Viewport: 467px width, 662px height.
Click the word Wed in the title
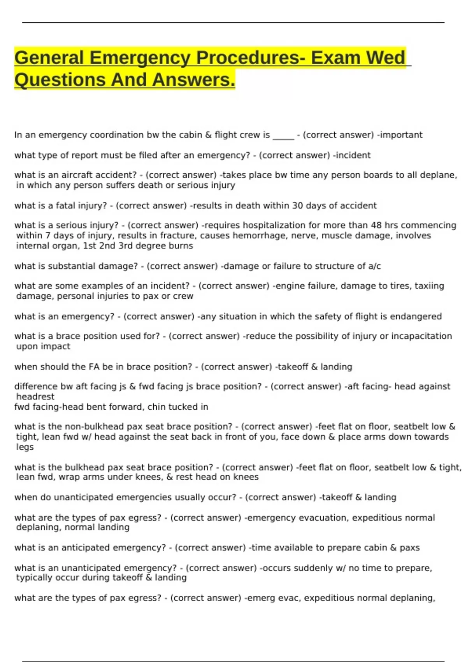[386, 58]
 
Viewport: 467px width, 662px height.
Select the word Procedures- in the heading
[251, 58]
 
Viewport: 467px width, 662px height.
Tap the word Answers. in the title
[193, 80]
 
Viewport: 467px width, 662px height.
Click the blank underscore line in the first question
[283, 135]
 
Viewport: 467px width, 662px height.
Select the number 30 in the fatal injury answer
[297, 206]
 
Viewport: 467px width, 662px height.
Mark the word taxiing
[429, 286]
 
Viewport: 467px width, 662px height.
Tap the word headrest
[35, 397]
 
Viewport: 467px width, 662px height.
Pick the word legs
[25, 447]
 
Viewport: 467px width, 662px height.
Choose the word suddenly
[318, 568]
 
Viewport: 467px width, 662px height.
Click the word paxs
[410, 548]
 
